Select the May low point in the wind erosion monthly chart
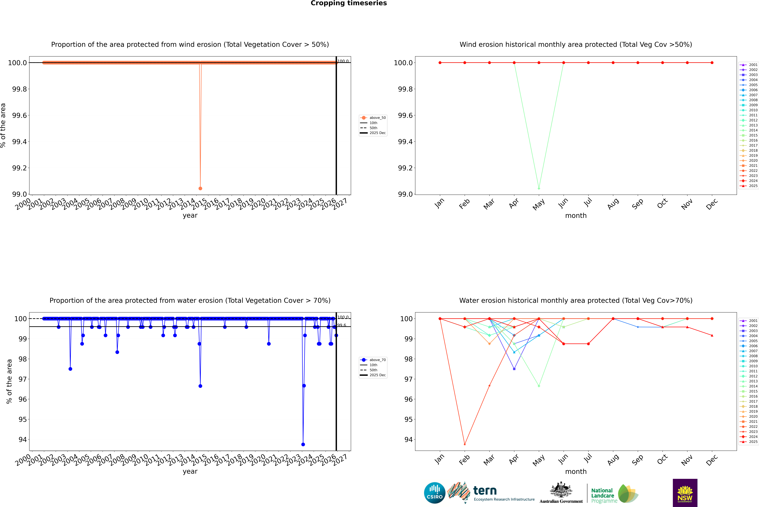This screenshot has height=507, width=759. pos(539,188)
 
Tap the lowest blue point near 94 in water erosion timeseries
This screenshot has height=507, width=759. pos(303,444)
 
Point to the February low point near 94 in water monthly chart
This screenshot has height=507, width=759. pos(465,444)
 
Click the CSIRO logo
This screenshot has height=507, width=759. pos(435,493)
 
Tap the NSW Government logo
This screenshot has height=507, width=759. pos(685,493)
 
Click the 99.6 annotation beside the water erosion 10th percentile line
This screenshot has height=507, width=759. pos(342,325)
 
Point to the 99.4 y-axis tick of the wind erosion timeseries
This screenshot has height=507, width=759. pos(19,142)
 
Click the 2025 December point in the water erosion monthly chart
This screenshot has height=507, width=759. pos(712,335)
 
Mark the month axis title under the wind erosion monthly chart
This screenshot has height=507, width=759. pos(576,216)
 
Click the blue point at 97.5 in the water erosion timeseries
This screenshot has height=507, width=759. pos(70,369)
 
